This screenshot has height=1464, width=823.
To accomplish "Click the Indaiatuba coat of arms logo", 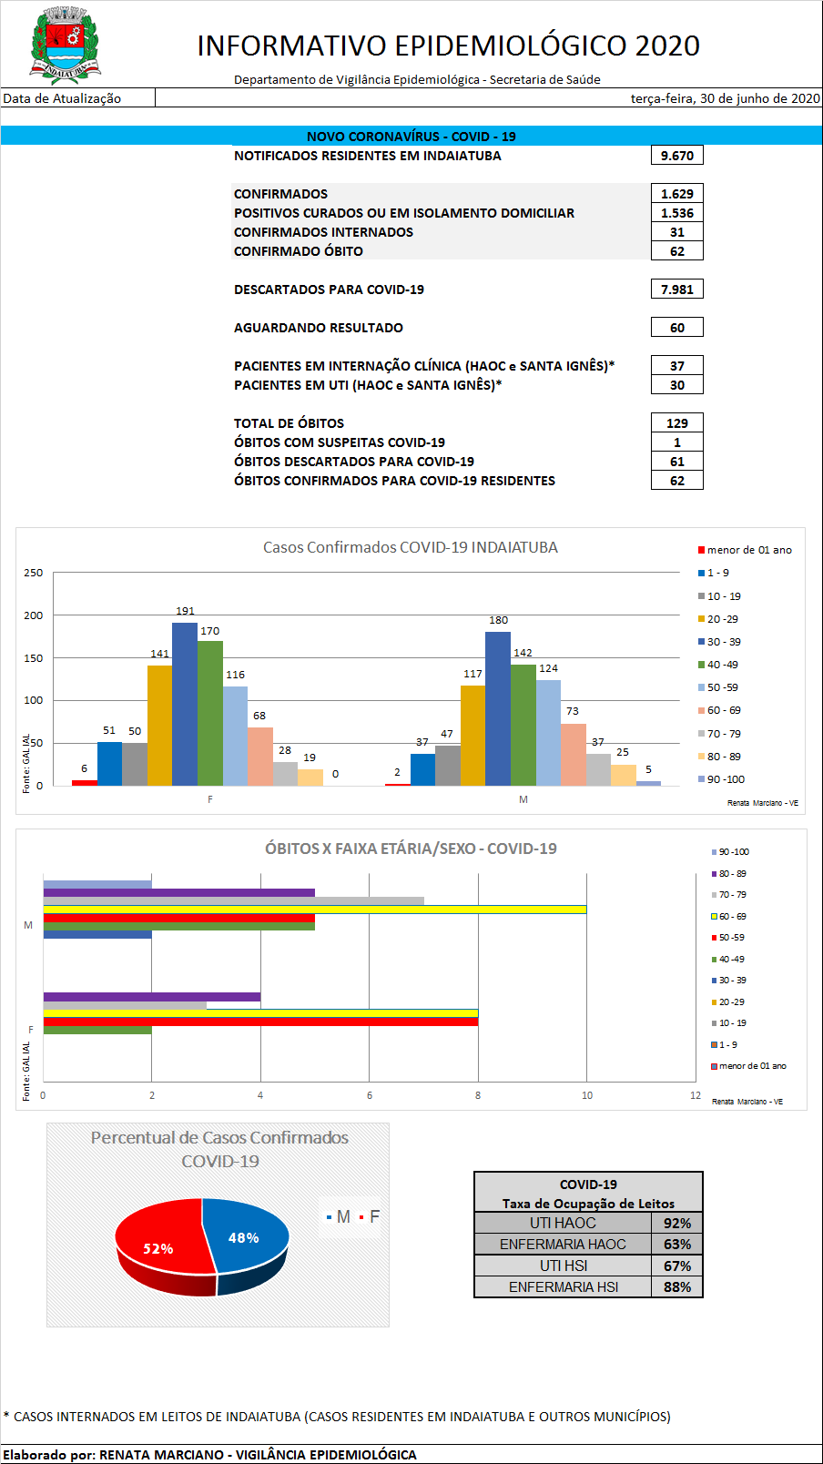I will coord(65,45).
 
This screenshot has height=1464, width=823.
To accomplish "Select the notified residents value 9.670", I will coord(676,156).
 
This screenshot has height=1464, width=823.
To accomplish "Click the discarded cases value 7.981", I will coord(676,290).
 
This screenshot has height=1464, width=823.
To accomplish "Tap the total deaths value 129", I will coord(676,423).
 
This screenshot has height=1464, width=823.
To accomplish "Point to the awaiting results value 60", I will coord(676,328).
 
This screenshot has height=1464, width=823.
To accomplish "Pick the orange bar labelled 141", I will coord(159,727).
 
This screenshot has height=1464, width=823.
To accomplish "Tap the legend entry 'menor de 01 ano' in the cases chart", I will coord(748,550).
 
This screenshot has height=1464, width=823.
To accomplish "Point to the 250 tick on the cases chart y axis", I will coord(34,573).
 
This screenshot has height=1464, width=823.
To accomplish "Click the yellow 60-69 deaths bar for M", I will coord(314,910).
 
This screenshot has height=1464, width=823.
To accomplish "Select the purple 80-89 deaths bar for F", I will coord(151,997).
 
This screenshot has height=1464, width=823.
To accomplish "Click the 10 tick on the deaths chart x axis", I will coord(587,1095).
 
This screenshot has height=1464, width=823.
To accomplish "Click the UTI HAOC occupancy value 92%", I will coord(676,1224).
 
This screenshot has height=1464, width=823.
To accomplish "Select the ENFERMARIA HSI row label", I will coord(563,1287).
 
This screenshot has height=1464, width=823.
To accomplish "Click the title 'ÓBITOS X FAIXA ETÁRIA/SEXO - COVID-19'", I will coord(411,849).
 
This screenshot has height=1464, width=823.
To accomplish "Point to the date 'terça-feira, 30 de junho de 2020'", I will coord(725,98).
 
